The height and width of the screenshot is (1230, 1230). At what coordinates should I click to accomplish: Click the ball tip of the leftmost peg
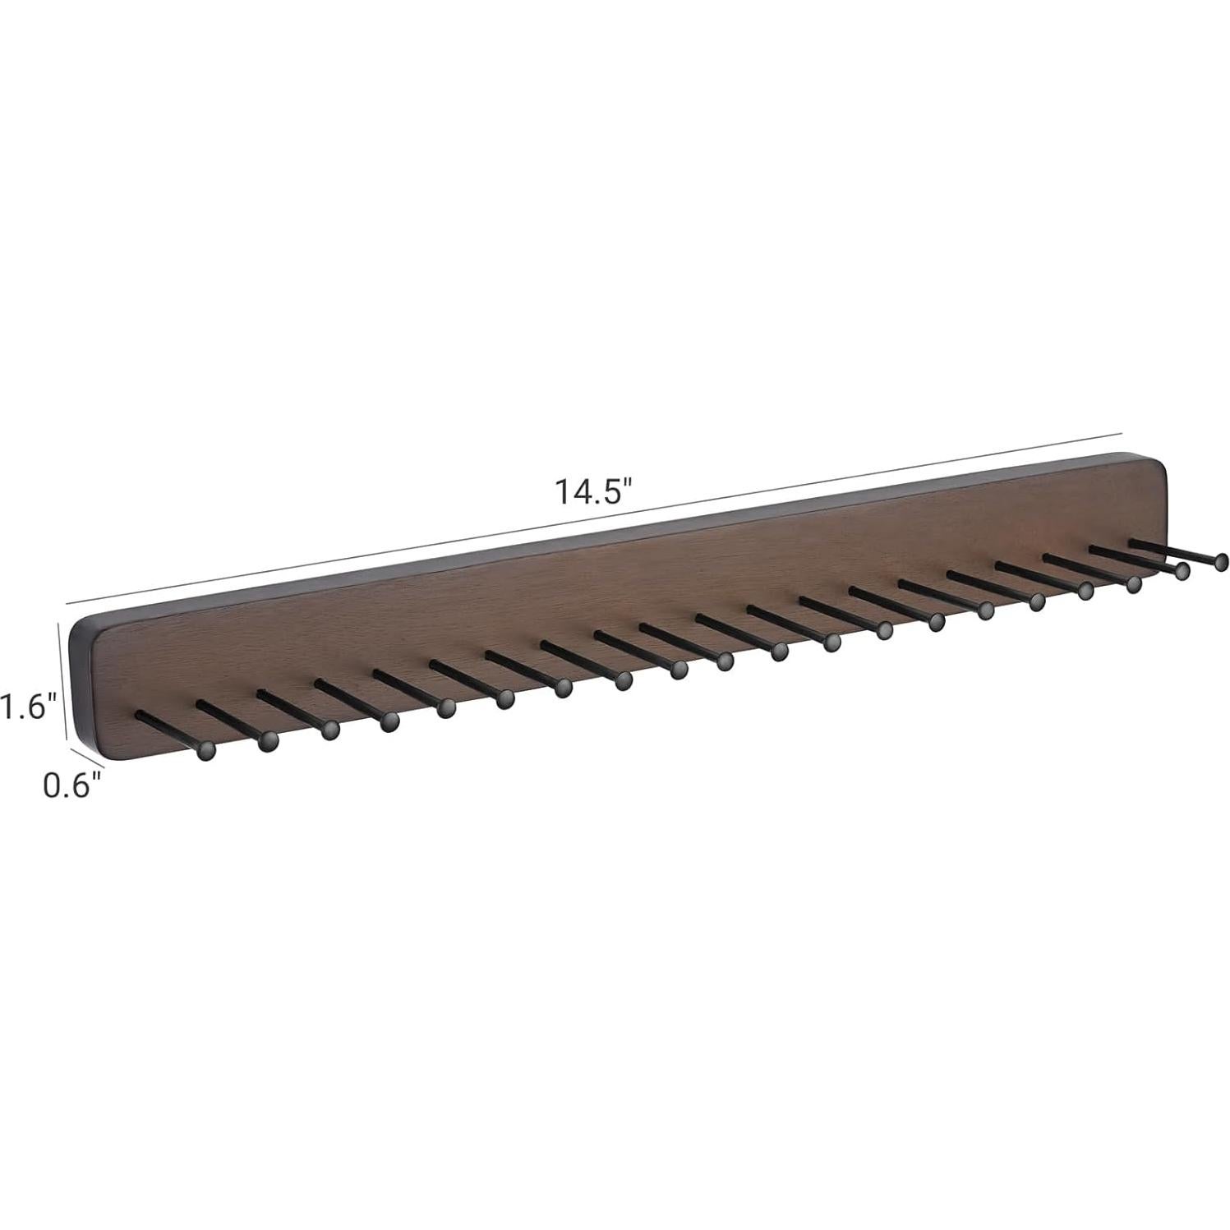point(206,749)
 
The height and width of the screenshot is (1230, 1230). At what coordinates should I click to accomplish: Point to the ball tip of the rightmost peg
point(1221,561)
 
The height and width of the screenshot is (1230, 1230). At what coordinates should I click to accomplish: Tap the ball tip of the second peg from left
point(266,744)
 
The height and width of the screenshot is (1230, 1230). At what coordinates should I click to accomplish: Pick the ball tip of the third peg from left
point(329,730)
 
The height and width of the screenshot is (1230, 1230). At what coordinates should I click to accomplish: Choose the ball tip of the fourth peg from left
point(389,721)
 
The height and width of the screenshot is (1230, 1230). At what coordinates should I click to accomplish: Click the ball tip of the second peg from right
point(1182,571)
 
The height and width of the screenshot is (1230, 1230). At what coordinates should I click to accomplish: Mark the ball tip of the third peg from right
point(1134,584)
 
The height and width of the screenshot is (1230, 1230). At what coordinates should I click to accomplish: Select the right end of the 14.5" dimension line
point(1122,432)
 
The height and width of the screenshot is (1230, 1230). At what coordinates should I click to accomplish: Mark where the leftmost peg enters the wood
point(139,712)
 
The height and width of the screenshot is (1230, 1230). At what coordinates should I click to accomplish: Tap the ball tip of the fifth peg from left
point(446,708)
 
